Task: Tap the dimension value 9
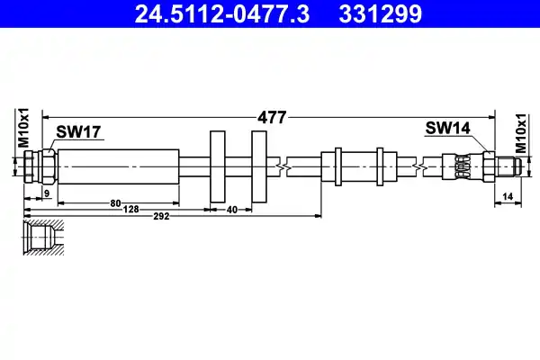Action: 47,193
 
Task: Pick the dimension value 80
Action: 116,202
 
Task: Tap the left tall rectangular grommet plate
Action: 218,166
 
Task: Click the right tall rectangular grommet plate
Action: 259,166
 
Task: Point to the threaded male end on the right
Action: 508,166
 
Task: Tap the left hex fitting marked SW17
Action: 40,166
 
